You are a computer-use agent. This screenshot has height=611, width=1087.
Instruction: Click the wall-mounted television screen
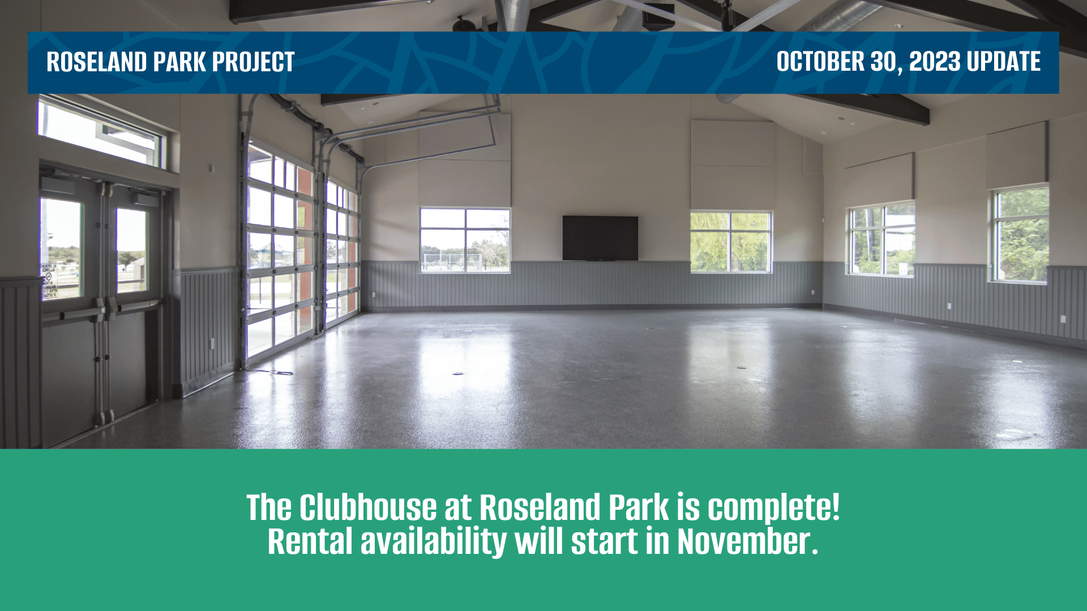(x=600, y=238)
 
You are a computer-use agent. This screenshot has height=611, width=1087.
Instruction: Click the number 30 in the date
(x=883, y=62)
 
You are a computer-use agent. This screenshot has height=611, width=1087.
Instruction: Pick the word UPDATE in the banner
(x=1003, y=62)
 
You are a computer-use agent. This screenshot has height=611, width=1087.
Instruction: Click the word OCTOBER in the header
(x=820, y=62)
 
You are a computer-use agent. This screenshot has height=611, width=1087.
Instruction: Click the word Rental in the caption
(x=310, y=541)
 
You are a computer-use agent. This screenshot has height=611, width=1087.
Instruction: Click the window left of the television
(x=465, y=240)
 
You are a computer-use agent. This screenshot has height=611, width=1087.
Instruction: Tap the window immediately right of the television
(x=731, y=242)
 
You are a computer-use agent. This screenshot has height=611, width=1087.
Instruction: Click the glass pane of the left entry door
(x=61, y=249)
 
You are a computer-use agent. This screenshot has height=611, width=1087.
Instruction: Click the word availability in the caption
(x=434, y=541)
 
